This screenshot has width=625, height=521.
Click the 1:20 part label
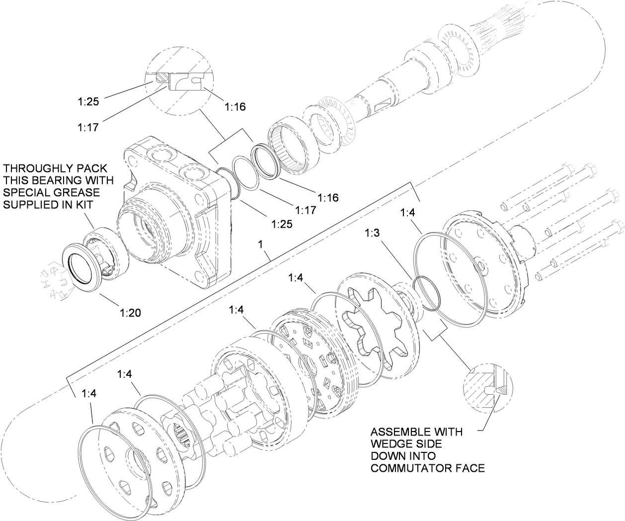point(130,313)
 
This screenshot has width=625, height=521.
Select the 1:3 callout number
point(374,233)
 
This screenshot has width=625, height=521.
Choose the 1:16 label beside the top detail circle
point(235,106)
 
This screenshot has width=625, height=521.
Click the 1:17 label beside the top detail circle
point(87,127)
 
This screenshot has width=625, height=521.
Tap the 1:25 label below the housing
point(281,223)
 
